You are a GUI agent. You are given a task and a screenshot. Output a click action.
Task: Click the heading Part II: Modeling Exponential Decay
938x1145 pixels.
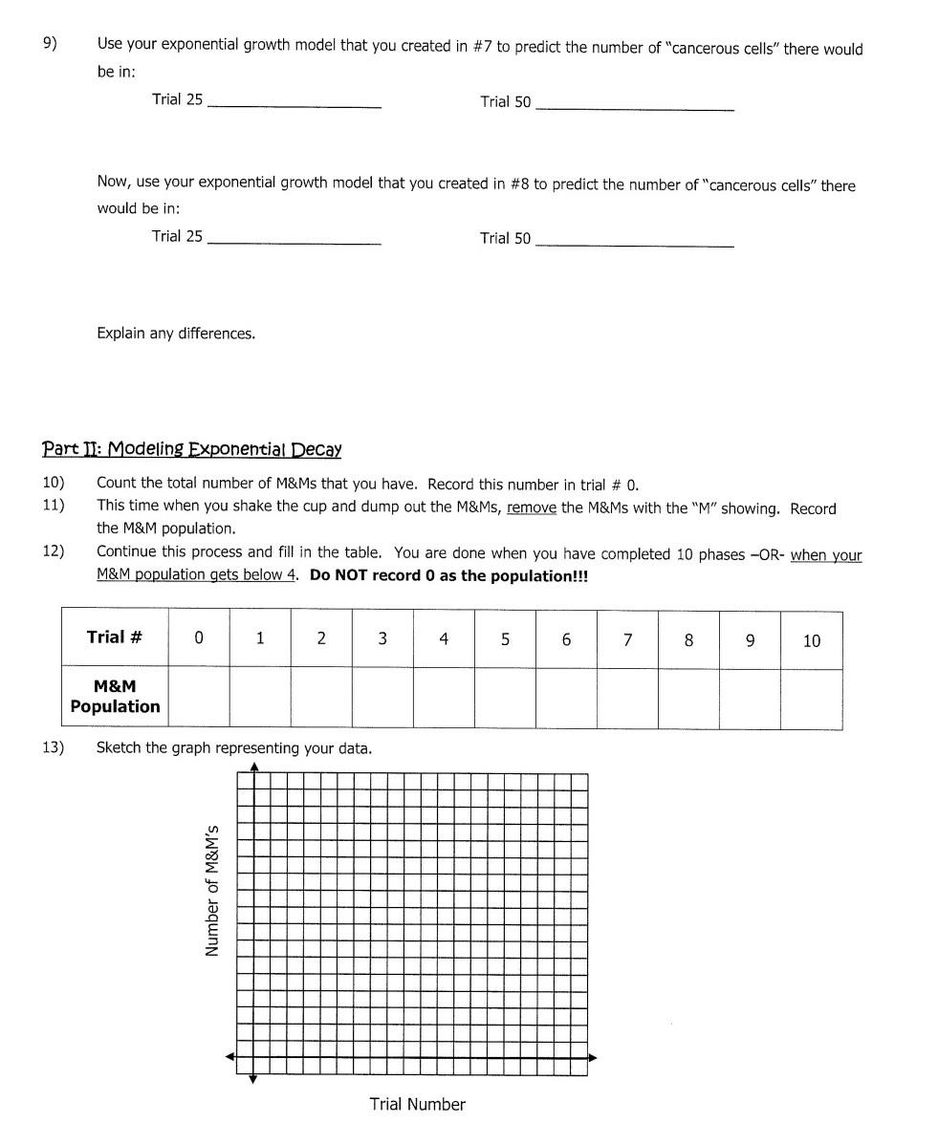tap(191, 449)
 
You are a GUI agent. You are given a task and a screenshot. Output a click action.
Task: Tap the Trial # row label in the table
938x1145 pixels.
tap(115, 637)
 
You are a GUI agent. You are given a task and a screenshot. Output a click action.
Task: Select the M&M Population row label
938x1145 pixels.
tap(115, 697)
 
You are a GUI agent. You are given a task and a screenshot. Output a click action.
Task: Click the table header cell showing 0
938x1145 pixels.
tap(199, 638)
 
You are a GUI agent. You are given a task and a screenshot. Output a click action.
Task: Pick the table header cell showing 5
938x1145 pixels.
tap(505, 638)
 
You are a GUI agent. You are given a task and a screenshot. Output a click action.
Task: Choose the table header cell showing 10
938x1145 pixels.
tap(811, 640)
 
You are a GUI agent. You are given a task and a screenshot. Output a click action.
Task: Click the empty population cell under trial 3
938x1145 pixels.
tap(382, 699)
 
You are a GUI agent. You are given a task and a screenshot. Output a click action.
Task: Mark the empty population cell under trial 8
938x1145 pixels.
tap(688, 699)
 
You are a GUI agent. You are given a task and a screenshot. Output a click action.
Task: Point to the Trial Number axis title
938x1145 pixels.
tap(418, 1105)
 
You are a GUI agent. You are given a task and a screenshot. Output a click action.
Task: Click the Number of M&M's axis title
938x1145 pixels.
tap(212, 890)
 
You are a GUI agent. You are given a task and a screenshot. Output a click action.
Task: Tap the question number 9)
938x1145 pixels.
tap(50, 43)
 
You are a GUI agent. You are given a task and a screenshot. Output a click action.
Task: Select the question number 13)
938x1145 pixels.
tap(53, 747)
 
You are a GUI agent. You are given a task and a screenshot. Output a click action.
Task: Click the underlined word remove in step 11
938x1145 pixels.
tap(532, 508)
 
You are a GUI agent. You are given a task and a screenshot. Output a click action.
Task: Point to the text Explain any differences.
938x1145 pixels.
tap(176, 334)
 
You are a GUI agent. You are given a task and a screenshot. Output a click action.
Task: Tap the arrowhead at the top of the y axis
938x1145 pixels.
tap(253, 767)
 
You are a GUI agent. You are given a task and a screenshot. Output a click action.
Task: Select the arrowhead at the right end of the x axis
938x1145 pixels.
tap(593, 1057)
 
